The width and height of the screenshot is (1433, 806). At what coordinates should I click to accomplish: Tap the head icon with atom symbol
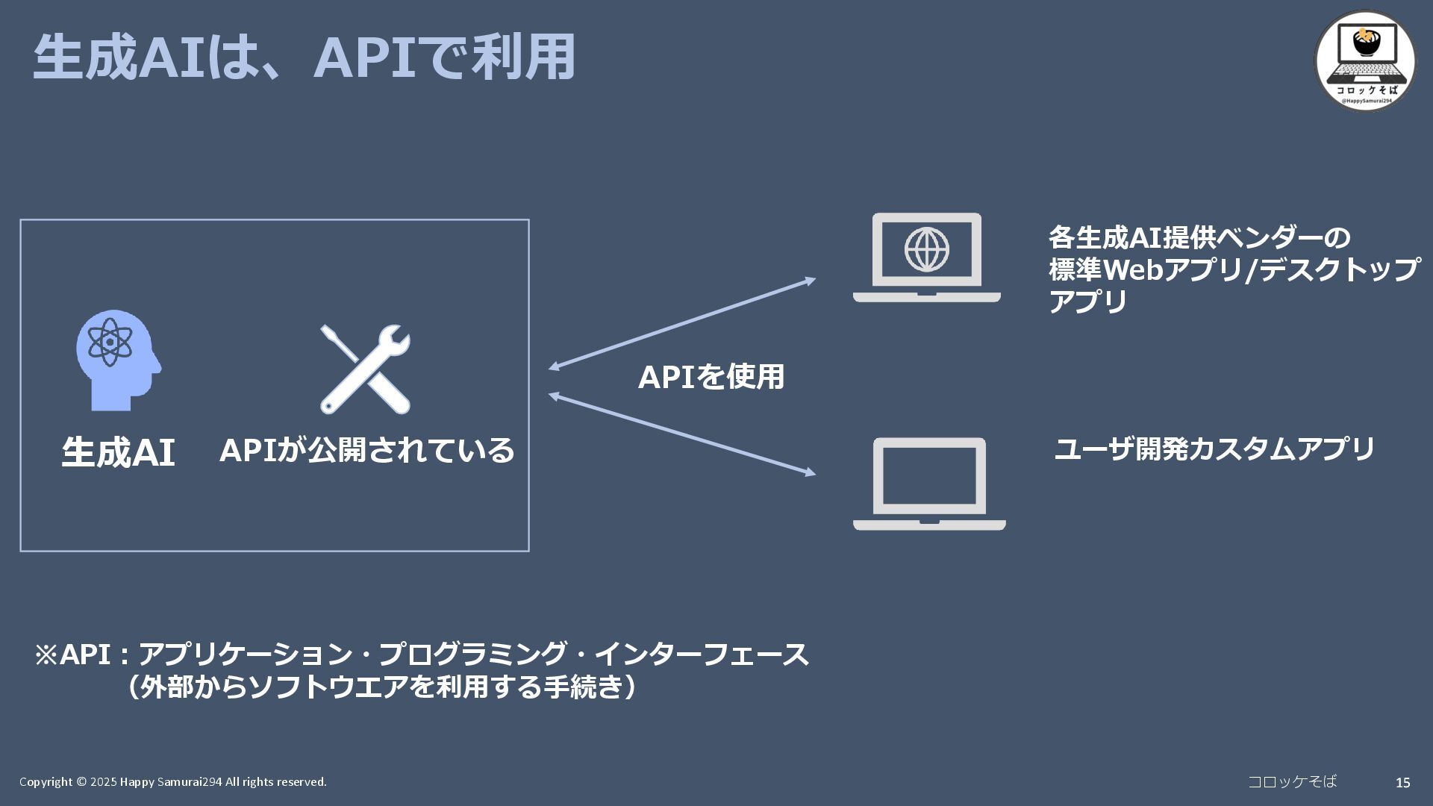tap(118, 360)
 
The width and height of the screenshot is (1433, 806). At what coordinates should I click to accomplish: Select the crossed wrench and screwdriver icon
tap(365, 369)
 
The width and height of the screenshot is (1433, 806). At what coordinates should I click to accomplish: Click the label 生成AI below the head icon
tap(118, 452)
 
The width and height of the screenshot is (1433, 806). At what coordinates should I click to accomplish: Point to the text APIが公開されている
tap(366, 450)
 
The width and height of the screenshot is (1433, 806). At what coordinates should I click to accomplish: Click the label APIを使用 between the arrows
tap(711, 377)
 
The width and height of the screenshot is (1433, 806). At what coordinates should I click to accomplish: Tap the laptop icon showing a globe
tap(926, 257)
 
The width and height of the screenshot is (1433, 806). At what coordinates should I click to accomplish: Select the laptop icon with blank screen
tap(929, 484)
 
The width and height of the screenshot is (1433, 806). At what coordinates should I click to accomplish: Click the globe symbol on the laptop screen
tap(927, 249)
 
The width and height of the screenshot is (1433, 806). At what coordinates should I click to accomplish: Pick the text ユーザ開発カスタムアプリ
tap(1214, 449)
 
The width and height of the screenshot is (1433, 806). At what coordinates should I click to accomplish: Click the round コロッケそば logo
tap(1365, 60)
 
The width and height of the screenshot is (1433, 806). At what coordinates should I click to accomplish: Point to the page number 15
tap(1402, 782)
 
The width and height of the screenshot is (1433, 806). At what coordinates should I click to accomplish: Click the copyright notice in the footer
tap(173, 781)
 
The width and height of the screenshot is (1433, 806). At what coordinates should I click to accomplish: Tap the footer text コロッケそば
tap(1292, 781)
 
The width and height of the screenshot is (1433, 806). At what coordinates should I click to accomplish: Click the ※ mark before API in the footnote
tap(46, 655)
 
